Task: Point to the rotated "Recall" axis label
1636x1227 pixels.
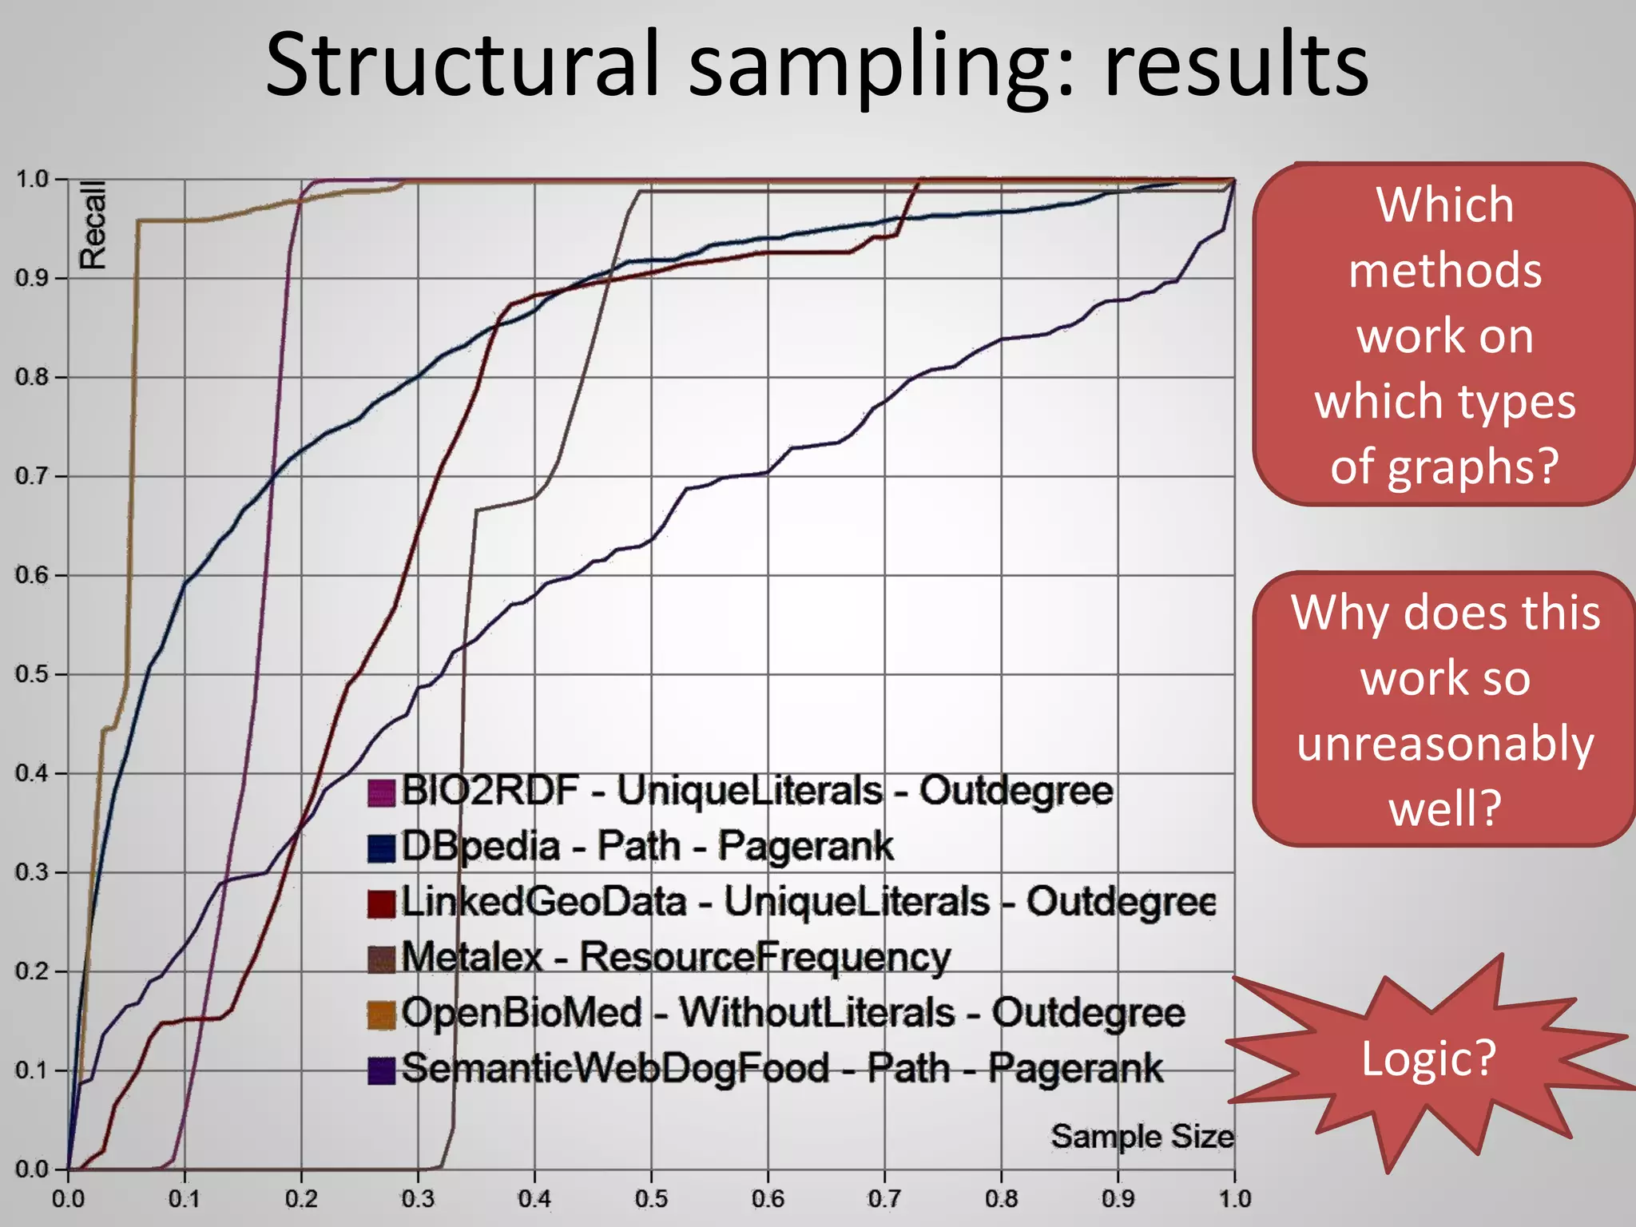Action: (93, 224)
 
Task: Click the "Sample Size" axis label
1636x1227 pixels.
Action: (1142, 1136)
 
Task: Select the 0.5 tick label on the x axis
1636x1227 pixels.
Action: (651, 1199)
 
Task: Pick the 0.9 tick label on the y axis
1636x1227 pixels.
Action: (32, 278)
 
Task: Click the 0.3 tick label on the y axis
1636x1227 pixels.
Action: (32, 872)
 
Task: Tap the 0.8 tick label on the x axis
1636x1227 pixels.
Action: (1001, 1199)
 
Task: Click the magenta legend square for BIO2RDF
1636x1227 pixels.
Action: (382, 793)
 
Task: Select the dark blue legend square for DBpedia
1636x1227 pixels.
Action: (382, 848)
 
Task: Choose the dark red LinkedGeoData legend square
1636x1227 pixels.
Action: (382, 903)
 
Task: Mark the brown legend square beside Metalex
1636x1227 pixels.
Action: (382, 959)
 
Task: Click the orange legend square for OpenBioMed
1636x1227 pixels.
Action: (382, 1015)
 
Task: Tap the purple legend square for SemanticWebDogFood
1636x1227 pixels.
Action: (382, 1070)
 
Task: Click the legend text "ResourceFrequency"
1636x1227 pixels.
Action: (764, 957)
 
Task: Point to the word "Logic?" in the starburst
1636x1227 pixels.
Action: (1428, 1058)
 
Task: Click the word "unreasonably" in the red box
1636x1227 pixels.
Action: (1445, 744)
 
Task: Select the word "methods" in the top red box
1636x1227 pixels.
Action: (1445, 271)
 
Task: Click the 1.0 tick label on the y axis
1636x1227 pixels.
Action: (32, 179)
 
